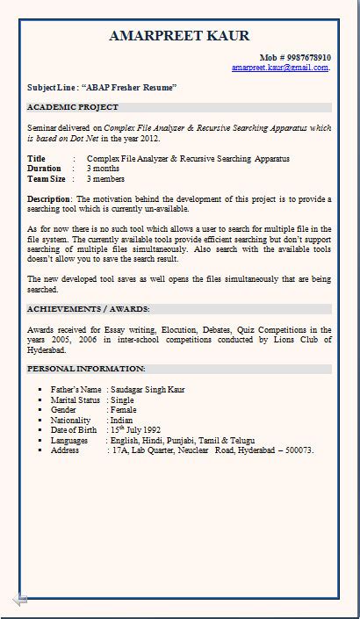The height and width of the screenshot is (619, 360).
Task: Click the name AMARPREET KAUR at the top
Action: [x=179, y=35]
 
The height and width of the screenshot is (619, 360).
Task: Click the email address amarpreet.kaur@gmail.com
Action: [x=280, y=67]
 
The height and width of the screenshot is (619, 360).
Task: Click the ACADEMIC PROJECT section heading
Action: [x=72, y=107]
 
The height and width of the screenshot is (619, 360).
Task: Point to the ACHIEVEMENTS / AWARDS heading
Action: [x=88, y=309]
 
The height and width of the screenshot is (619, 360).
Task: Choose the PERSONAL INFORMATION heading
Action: [x=86, y=369]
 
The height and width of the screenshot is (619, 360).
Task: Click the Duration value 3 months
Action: [x=103, y=168]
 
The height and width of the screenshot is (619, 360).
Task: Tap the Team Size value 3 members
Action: [x=105, y=178]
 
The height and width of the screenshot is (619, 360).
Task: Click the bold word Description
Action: [x=48, y=198]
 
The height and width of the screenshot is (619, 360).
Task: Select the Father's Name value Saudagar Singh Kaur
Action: [x=148, y=389]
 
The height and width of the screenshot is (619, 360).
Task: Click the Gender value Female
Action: [x=125, y=410]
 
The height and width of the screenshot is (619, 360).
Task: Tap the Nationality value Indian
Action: [x=123, y=421]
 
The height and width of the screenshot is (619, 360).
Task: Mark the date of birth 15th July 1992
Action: [x=135, y=430]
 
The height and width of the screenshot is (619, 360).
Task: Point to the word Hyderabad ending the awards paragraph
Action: [x=47, y=349]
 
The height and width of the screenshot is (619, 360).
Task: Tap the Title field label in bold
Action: [x=36, y=158]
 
